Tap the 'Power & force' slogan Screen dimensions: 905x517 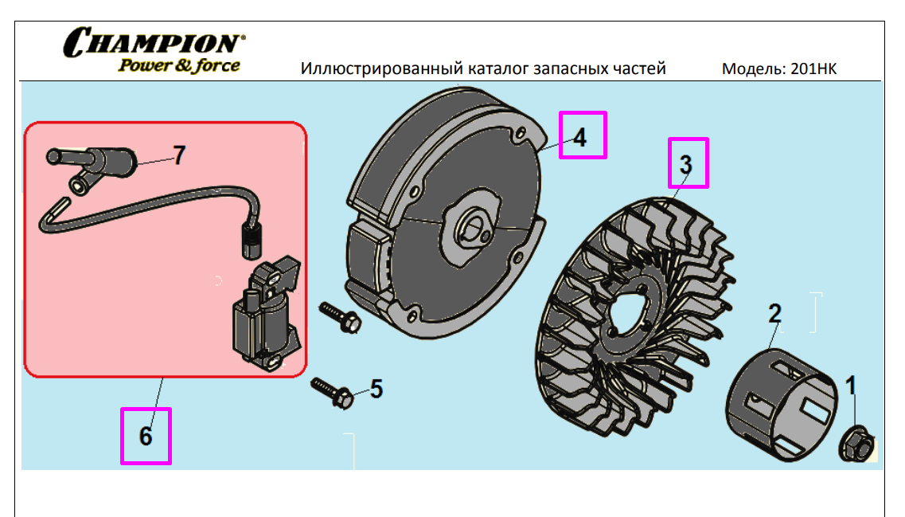coord(179,65)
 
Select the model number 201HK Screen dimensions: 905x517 coord(813,69)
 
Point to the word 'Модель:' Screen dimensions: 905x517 coord(754,69)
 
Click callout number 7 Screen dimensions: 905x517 coord(180,155)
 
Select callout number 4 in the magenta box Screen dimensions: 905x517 coord(580,138)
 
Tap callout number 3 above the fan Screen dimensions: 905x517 coord(685,165)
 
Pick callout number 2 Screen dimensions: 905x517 coord(774,314)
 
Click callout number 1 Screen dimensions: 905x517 coord(851,386)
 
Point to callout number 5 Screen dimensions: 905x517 coord(376,389)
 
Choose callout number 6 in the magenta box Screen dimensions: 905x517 coord(146,436)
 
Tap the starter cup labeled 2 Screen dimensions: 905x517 coord(780,405)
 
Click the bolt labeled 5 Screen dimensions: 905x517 coord(333,392)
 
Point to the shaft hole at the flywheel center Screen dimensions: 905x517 coord(474,227)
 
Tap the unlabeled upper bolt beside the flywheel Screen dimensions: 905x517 coord(341,317)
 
